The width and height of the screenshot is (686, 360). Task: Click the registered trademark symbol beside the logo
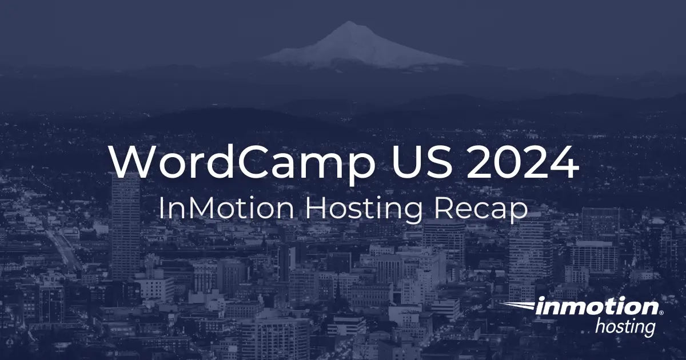coord(662,314)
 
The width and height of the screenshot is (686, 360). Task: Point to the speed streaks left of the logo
coord(517,307)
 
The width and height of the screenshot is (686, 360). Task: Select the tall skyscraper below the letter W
coord(125,229)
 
